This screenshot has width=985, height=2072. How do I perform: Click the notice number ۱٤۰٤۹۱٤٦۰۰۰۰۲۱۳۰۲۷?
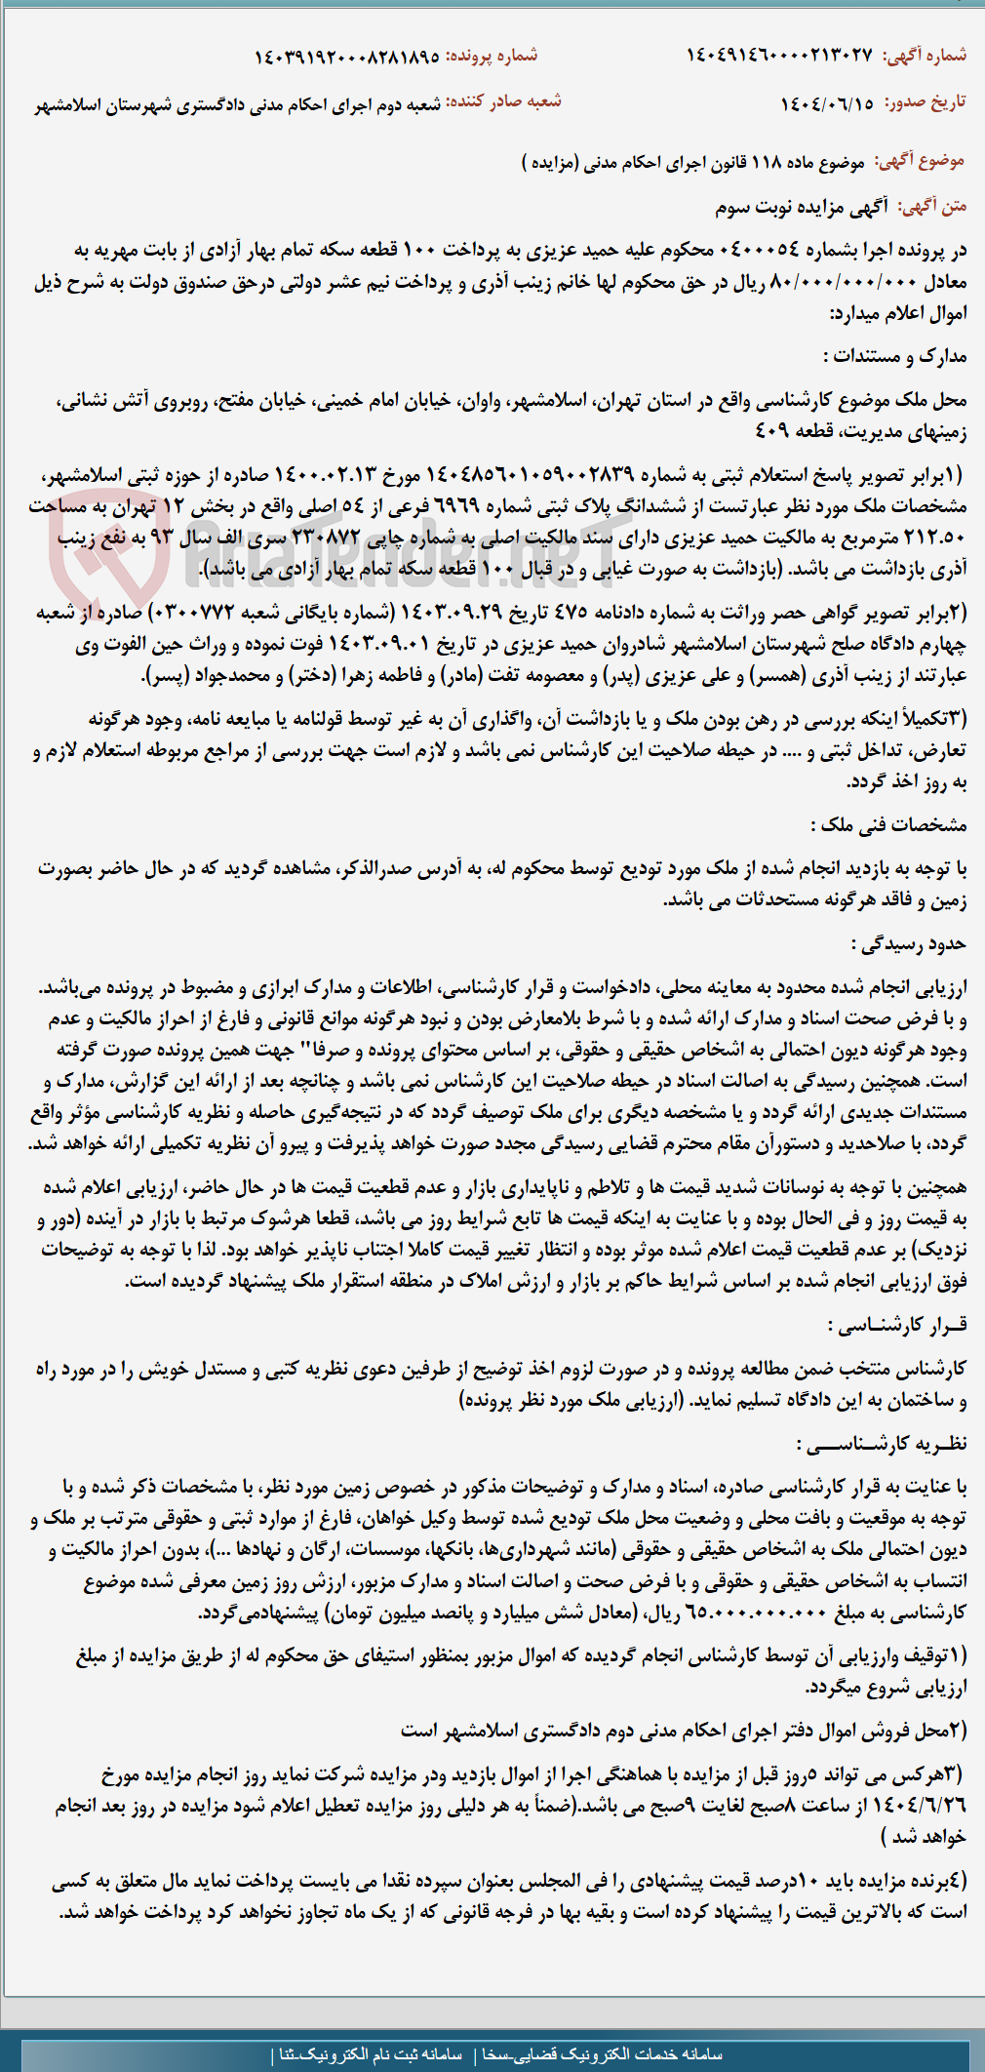click(779, 56)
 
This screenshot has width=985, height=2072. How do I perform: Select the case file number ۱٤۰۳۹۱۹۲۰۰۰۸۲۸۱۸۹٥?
click(346, 57)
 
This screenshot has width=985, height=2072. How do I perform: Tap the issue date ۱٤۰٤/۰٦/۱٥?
click(827, 103)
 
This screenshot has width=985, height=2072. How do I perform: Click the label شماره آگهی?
click(925, 56)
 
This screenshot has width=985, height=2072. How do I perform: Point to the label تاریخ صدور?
click(925, 103)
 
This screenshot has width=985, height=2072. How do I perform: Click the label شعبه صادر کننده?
click(503, 102)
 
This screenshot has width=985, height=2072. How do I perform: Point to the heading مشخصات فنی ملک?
click(893, 825)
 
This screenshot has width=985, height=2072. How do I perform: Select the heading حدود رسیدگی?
click(909, 944)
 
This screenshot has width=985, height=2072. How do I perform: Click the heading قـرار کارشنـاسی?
click(897, 1325)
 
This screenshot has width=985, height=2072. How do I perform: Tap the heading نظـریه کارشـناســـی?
click(882, 1444)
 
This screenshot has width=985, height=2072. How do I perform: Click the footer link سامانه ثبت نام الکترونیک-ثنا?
click(372, 2053)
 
